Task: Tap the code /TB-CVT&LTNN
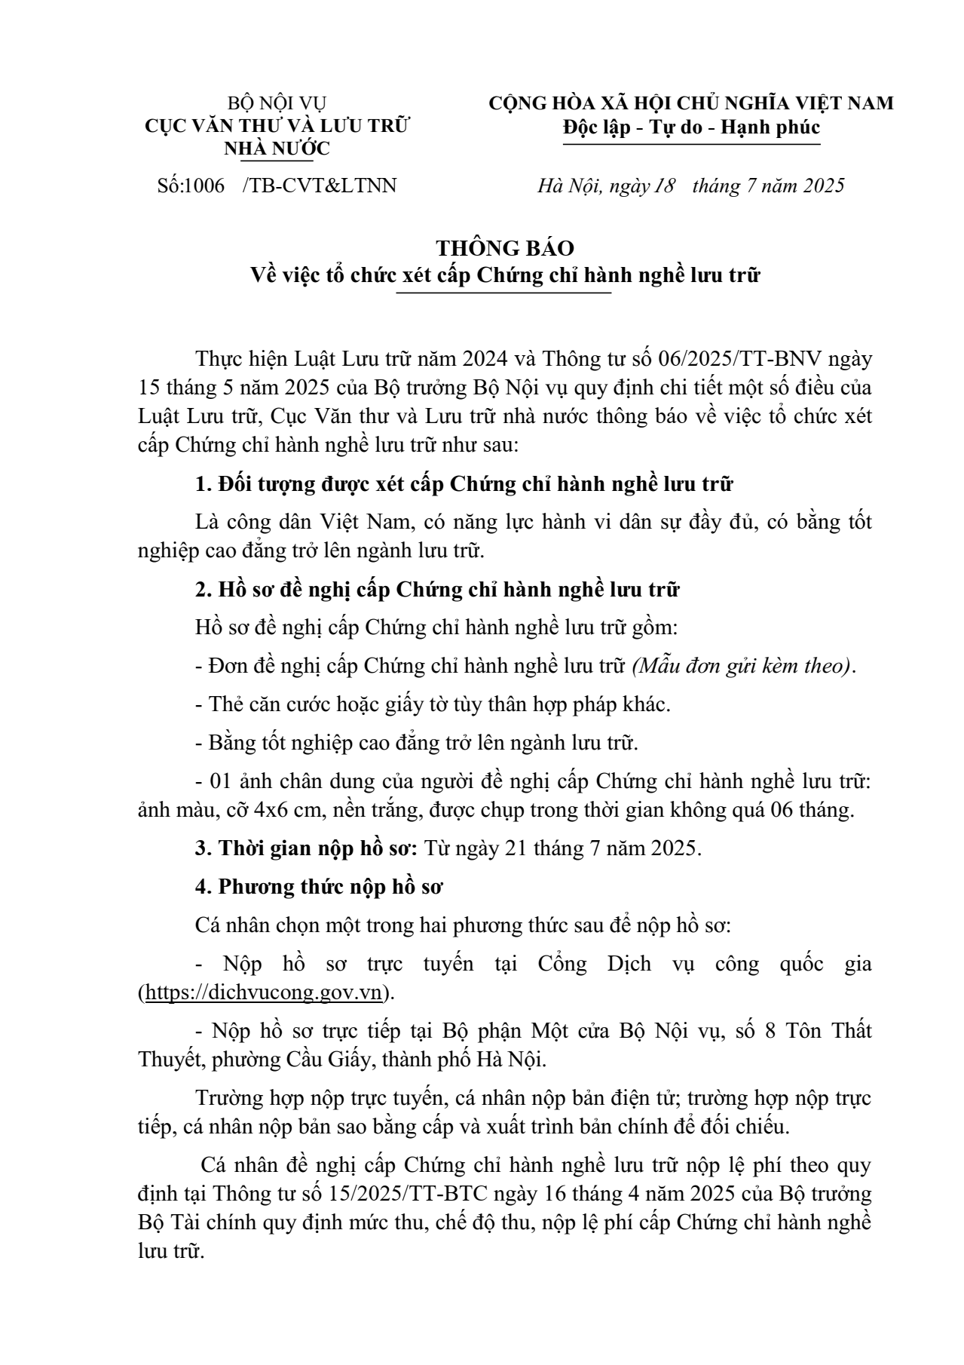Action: tap(320, 186)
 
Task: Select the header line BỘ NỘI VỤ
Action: tap(277, 103)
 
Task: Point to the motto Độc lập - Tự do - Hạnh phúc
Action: tap(691, 127)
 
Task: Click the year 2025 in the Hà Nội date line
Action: tap(818, 186)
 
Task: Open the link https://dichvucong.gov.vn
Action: tap(263, 992)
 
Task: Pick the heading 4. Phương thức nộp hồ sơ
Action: tap(319, 887)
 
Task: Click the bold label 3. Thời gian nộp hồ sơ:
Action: tap(306, 848)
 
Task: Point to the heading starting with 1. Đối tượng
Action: tap(464, 484)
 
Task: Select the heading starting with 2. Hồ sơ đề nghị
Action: tap(437, 590)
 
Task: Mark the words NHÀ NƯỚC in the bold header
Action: tap(277, 149)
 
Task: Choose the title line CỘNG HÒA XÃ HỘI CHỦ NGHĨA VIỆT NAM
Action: tap(691, 103)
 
